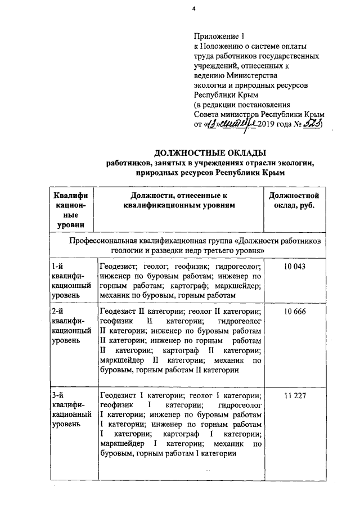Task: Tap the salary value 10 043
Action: pyautogui.click(x=295, y=267)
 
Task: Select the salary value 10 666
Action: pyautogui.click(x=295, y=312)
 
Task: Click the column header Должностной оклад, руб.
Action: pyautogui.click(x=295, y=200)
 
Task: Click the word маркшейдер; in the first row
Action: pyautogui.click(x=240, y=285)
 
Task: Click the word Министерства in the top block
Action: pyautogui.click(x=251, y=75)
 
